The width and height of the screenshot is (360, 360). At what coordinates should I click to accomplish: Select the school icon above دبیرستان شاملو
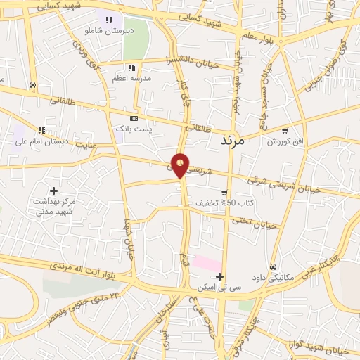108,20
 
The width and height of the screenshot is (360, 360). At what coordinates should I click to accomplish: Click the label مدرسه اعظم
129,78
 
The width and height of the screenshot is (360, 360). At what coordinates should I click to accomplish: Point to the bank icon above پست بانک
134,118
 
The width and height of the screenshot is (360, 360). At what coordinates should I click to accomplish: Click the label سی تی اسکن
220,287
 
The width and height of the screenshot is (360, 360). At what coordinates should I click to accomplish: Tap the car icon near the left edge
32,85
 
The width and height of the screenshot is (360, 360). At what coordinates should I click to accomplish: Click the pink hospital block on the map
207,264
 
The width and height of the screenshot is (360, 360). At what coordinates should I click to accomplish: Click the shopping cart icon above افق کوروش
284,130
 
